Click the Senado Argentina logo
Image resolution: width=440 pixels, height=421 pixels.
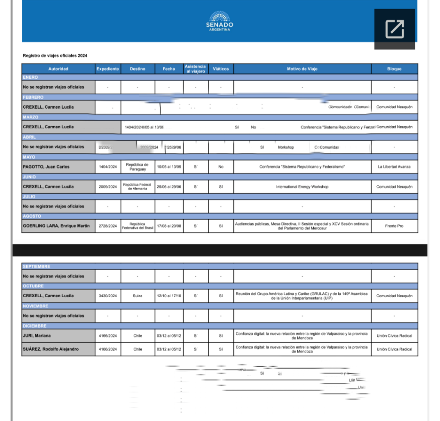[x=220, y=21]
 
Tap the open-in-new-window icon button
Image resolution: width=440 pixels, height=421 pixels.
[x=394, y=29]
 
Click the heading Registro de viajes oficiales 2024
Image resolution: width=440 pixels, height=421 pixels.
[x=55, y=56]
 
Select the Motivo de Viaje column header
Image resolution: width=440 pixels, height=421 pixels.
[x=302, y=69]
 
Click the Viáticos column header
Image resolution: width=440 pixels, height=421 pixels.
[x=221, y=69]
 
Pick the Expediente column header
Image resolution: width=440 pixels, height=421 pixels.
[x=107, y=69]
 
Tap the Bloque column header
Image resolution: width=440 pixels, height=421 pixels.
[x=394, y=69]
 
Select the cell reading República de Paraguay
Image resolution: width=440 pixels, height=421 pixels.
[x=137, y=167]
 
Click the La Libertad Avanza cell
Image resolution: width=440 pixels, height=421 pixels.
[x=394, y=167]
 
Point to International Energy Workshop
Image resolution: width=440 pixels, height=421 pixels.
[x=302, y=187]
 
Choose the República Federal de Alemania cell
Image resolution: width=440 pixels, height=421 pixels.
[x=137, y=186]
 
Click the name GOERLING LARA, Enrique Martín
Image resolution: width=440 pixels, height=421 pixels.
[x=56, y=226]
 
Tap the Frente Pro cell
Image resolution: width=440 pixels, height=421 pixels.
[x=394, y=226]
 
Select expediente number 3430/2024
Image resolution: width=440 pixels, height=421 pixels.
[x=107, y=296]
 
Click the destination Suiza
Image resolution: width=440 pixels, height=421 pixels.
[x=137, y=296]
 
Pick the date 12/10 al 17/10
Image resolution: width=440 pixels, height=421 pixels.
[x=169, y=296]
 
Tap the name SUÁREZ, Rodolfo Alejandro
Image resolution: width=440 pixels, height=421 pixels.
[x=51, y=349]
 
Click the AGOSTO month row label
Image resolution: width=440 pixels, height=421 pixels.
[x=31, y=216]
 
